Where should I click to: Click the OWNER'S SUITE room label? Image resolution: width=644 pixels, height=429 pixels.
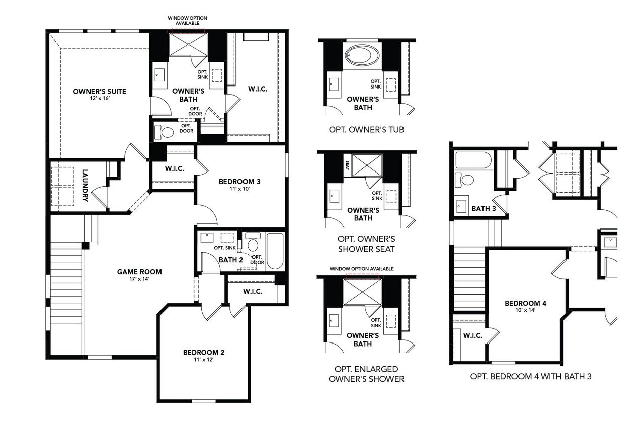99,91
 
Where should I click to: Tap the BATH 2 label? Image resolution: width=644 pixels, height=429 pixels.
231,260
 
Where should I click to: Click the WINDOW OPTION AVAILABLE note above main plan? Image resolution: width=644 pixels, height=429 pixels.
187,21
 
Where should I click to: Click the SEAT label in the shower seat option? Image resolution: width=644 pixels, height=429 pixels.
348,165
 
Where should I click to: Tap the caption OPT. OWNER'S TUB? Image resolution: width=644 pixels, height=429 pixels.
366,129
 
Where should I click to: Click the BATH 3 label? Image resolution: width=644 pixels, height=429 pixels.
484,209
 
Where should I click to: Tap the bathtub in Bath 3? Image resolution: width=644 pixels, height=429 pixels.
473,160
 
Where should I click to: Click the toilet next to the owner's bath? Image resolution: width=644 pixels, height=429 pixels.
165,132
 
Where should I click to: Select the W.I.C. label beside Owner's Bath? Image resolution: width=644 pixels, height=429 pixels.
257,89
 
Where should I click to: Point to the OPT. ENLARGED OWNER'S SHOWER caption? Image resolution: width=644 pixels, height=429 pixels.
366,374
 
